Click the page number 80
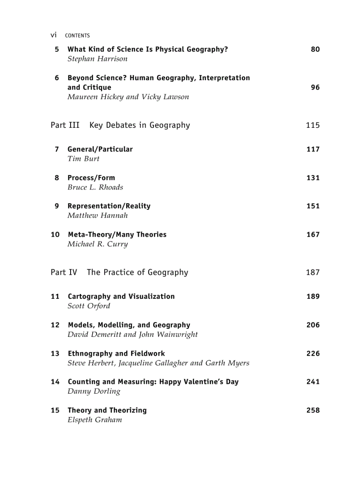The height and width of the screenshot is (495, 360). tap(315, 49)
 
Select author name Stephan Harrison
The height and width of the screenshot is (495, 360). tap(97, 59)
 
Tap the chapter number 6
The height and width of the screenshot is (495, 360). tap(57, 78)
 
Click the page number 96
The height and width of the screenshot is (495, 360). tap(315, 87)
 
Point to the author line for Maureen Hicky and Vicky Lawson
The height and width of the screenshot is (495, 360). tap(128, 97)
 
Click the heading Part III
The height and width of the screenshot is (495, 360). tap(65, 125)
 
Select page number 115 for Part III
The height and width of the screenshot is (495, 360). tap(312, 125)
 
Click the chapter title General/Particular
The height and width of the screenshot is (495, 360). tap(100, 149)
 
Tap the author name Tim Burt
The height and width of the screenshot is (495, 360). tap(83, 159)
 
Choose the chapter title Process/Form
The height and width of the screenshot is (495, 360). tap(91, 178)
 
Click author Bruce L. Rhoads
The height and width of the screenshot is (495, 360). tap(95, 187)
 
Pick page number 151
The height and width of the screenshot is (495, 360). tap(313, 206)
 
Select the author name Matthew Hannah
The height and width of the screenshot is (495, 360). tap(97, 216)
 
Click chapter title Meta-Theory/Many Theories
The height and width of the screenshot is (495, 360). tap(117, 234)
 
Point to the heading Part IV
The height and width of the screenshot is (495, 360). tap(64, 272)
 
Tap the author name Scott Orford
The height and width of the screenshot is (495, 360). tap(89, 306)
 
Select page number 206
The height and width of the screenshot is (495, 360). tap(313, 325)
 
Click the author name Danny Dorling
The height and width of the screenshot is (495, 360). tap(94, 391)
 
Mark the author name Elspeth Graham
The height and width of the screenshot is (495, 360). tap(94, 420)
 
